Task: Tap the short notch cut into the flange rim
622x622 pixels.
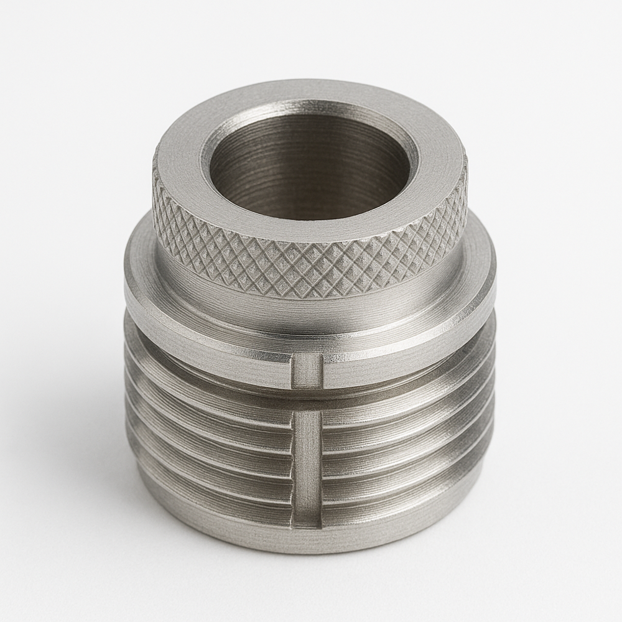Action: coord(307,371)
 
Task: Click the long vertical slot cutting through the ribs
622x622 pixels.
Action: coord(307,460)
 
